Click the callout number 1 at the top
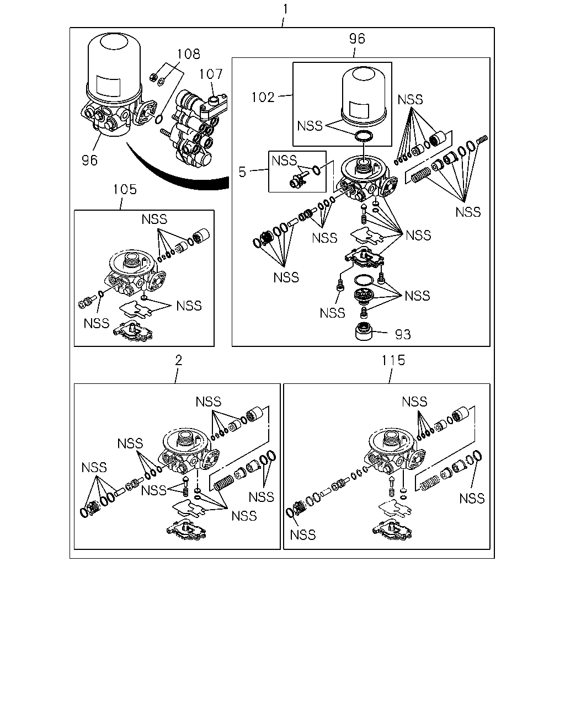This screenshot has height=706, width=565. click(285, 9)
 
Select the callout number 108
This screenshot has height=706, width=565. click(189, 54)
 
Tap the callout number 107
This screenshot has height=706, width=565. click(211, 74)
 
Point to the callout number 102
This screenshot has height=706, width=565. click(263, 97)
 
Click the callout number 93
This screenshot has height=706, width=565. click(403, 334)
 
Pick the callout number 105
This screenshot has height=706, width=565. click(125, 189)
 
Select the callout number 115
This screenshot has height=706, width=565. click(393, 360)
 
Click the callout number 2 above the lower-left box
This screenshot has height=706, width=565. click(178, 360)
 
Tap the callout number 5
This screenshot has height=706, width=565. click(242, 172)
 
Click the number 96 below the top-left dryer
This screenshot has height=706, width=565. click(89, 161)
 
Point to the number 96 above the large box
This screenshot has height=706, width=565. click(357, 39)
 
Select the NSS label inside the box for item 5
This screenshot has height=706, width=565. click(284, 161)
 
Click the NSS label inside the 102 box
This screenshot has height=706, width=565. click(310, 126)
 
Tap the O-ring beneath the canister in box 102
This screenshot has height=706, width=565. click(364, 136)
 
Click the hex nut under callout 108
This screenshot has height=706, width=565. click(153, 78)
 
